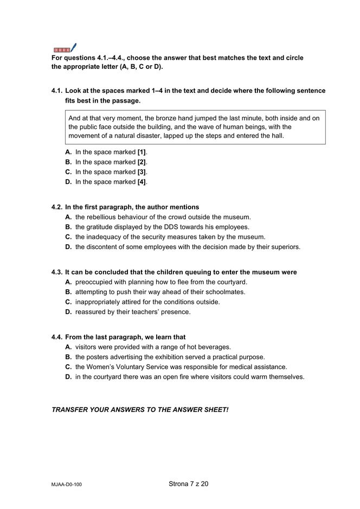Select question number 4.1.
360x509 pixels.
click(57, 91)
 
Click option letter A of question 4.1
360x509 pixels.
click(68, 152)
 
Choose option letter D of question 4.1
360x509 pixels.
click(68, 182)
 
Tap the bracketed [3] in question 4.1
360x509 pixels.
click(142, 172)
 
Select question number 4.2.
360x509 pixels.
click(57, 207)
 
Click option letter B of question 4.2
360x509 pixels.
click(68, 227)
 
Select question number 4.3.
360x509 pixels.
click(57, 272)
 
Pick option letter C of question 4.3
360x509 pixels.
click(68, 302)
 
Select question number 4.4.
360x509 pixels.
click(57, 337)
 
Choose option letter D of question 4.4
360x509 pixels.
click(68, 377)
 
